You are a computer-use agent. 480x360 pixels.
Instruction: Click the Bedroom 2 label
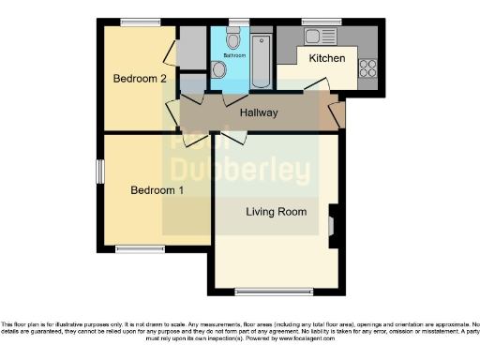point(140,79)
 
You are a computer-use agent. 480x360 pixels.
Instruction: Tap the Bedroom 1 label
point(157,190)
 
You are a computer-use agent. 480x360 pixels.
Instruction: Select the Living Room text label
point(277,212)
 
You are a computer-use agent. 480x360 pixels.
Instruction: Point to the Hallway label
point(259,113)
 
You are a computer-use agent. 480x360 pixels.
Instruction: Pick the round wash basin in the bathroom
point(217,68)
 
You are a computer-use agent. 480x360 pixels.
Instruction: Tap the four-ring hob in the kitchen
point(367,68)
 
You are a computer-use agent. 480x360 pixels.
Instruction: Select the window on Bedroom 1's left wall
point(100,173)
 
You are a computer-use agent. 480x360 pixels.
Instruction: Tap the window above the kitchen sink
point(322,21)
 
